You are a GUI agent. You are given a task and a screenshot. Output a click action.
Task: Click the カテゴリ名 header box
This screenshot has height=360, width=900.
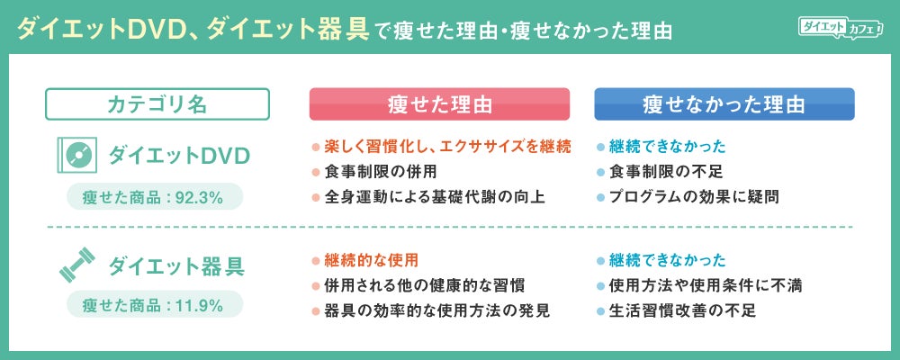157,103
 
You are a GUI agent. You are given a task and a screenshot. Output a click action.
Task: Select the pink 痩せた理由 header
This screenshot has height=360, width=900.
439,103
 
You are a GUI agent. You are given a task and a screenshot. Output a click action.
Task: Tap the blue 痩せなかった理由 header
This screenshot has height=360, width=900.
724,103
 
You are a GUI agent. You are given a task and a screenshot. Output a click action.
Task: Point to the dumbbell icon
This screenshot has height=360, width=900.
77,264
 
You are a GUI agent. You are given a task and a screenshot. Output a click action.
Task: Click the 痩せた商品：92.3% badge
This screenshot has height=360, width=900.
155,197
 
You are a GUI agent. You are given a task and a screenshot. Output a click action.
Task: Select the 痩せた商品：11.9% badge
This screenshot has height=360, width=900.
155,305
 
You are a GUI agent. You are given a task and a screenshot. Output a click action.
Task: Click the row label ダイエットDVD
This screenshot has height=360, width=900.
180,155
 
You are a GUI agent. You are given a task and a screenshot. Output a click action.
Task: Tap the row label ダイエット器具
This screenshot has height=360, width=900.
176,265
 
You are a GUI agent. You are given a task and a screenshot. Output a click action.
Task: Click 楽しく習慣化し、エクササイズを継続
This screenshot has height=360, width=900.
447,147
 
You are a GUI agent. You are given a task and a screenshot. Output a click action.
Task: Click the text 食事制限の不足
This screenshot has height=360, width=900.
666,172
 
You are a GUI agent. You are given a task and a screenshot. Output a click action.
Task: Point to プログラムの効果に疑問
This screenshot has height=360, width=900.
694,197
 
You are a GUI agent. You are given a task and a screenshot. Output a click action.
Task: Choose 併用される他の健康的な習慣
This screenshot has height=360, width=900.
424,285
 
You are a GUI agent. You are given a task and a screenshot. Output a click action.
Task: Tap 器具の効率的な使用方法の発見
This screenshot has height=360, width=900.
436,310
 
